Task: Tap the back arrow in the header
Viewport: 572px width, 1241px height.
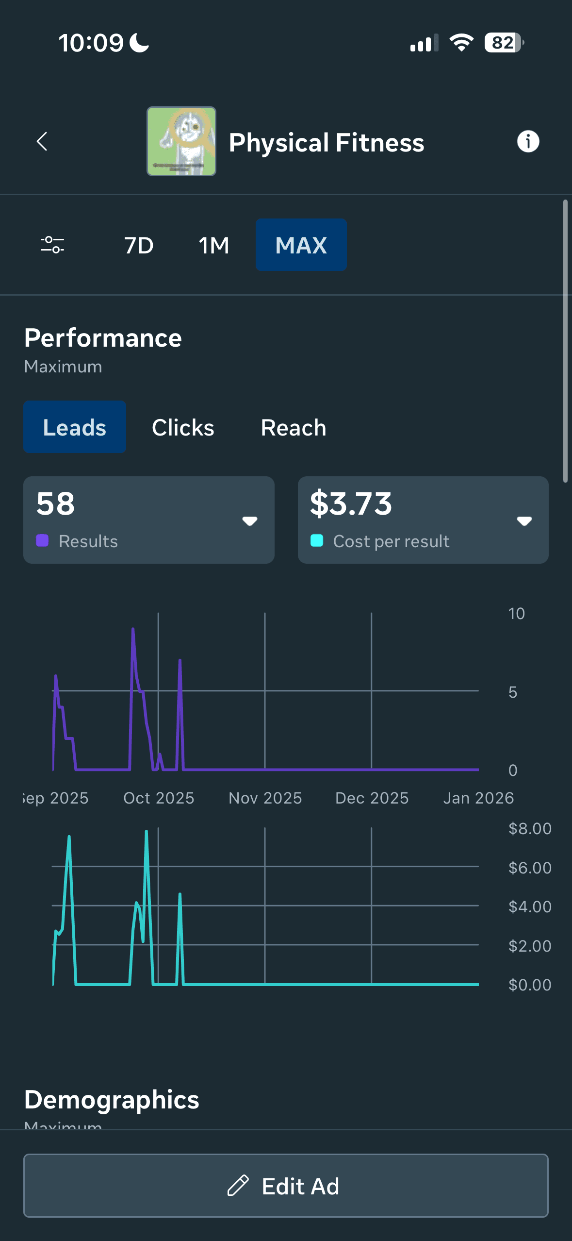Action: click(x=42, y=142)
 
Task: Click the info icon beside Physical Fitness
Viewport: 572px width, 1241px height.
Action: click(x=528, y=142)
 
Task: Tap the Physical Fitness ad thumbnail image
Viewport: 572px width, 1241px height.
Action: click(x=181, y=141)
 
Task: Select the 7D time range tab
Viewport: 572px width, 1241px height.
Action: click(x=139, y=245)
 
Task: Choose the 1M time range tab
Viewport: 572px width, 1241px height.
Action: click(x=214, y=245)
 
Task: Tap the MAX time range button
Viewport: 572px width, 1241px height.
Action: click(x=301, y=245)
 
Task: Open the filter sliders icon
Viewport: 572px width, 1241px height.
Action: click(x=52, y=245)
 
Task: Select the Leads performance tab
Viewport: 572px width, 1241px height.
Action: click(x=75, y=427)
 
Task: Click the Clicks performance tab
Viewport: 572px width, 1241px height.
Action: click(x=183, y=428)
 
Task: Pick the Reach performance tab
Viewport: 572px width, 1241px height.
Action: click(x=294, y=428)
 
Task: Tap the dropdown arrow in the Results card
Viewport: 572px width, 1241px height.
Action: click(x=249, y=521)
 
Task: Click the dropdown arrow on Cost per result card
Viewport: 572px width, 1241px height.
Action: click(x=524, y=521)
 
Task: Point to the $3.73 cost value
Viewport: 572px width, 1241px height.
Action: click(x=351, y=503)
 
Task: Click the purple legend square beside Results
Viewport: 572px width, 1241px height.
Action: click(x=42, y=541)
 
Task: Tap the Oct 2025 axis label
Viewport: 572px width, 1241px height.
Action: click(x=159, y=798)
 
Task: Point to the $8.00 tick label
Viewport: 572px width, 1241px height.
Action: click(x=530, y=829)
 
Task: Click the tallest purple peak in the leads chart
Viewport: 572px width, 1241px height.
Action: click(x=133, y=630)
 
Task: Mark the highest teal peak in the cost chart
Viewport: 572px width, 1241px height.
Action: click(x=146, y=832)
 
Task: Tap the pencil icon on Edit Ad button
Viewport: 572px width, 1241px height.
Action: click(x=238, y=1186)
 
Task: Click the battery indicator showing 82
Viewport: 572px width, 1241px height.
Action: click(x=504, y=43)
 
